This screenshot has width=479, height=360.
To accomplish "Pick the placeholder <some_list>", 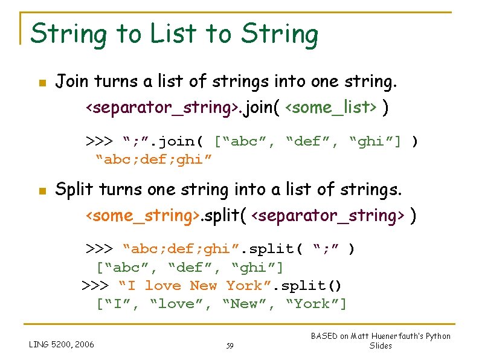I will pyautogui.click(x=330, y=108).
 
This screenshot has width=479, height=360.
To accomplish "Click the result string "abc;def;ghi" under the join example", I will pyautogui.click(x=154, y=160).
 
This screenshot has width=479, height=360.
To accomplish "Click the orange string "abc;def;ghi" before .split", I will pyautogui.click(x=176, y=249).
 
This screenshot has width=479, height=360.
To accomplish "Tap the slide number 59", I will pyautogui.click(x=230, y=346).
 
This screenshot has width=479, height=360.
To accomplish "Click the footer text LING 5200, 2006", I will pyautogui.click(x=62, y=344).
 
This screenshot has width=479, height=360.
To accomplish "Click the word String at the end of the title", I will pyautogui.click(x=280, y=34).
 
